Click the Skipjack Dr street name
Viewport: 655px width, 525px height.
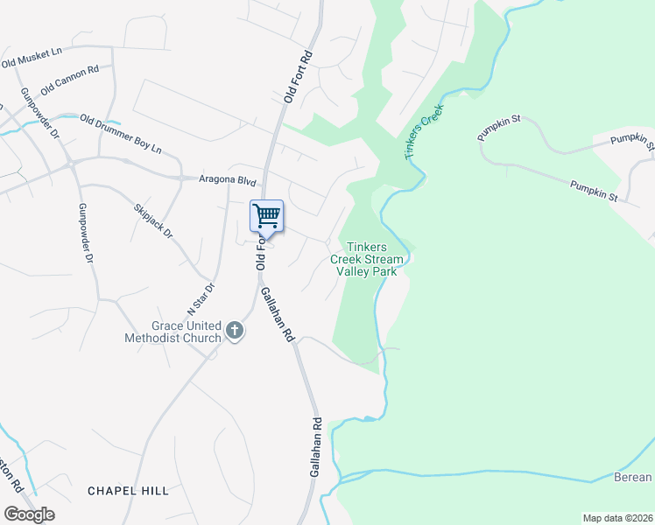click(x=154, y=221)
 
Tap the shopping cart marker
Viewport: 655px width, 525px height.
click(x=266, y=215)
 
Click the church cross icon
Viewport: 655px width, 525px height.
click(x=234, y=330)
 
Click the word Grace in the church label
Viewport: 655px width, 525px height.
click(x=166, y=324)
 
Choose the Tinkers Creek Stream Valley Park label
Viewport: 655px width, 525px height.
click(x=367, y=259)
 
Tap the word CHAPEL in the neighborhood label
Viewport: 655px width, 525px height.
click(x=113, y=491)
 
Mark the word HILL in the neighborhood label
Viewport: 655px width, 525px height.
click(x=155, y=491)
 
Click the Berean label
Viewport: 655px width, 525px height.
click(x=633, y=477)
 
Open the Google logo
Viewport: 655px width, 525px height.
click(x=29, y=514)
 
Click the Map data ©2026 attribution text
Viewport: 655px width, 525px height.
click(x=616, y=518)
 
